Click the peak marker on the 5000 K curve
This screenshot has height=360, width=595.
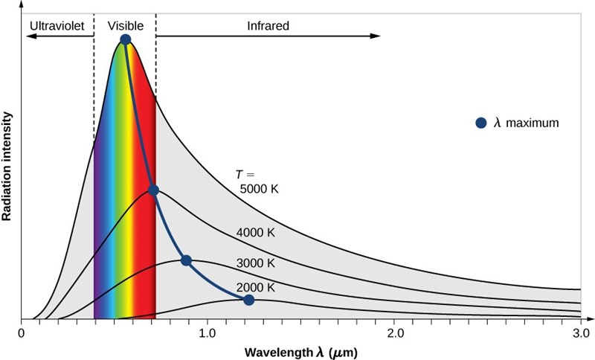click(x=126, y=39)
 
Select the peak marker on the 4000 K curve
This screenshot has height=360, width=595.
click(x=153, y=190)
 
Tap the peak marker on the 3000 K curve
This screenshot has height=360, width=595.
click(x=186, y=260)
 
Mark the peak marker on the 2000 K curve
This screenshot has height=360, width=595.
click(x=249, y=300)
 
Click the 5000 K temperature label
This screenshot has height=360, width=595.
click(x=258, y=189)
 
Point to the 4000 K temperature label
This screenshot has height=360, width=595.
click(x=256, y=233)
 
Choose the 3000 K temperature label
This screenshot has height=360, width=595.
click(x=256, y=263)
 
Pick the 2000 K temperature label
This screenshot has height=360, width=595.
click(x=256, y=286)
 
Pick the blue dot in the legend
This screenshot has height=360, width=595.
click(x=481, y=123)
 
